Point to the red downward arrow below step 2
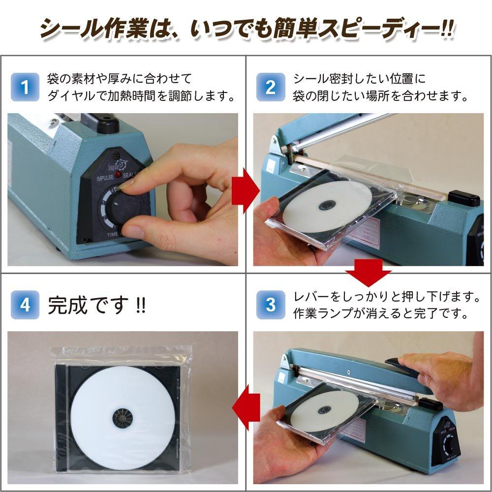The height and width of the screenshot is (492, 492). pos(368,272)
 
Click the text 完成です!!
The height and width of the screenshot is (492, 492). pos(96,306)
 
